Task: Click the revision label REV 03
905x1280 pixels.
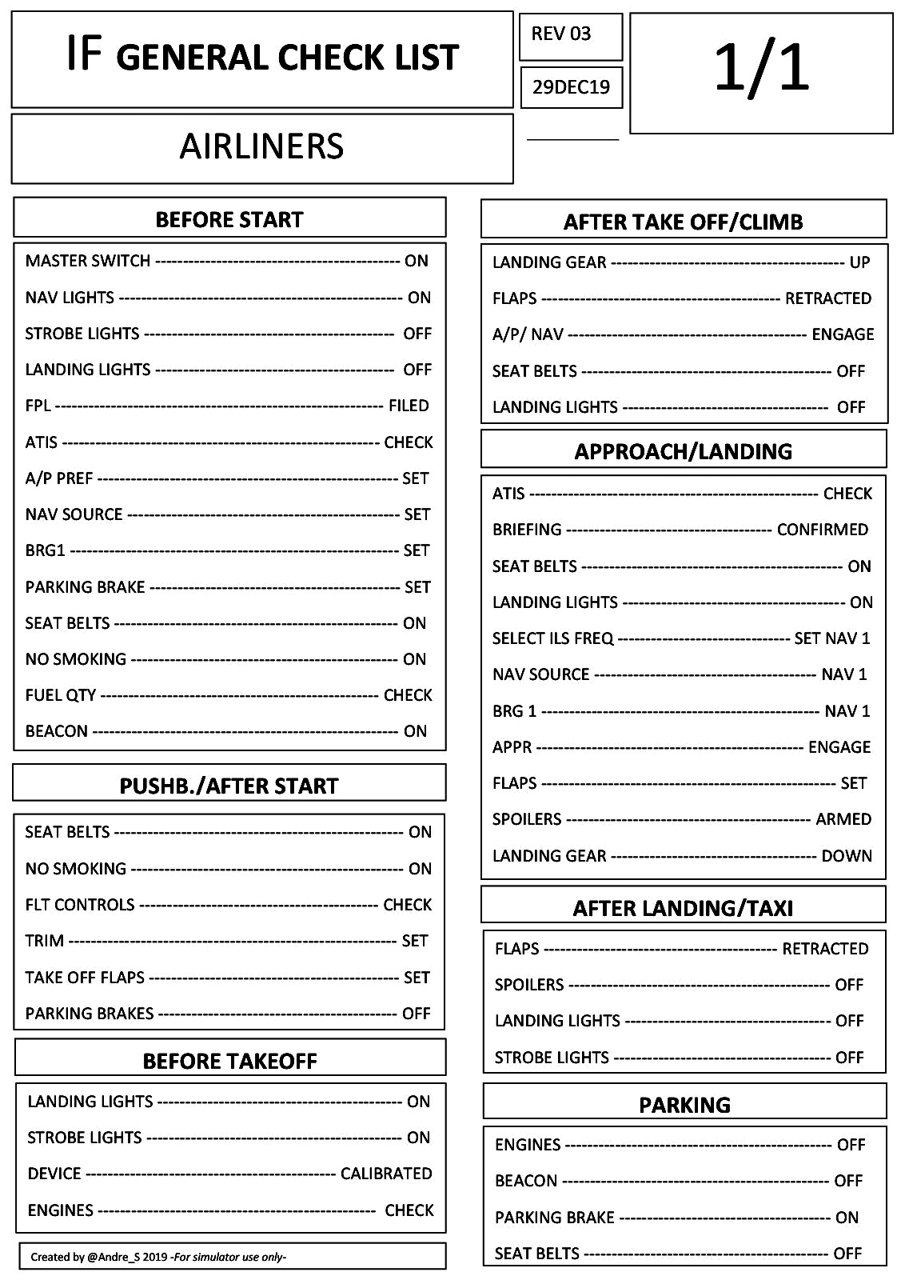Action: [x=561, y=34]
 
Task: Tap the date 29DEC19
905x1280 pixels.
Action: [x=571, y=87]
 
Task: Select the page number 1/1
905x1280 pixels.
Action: [x=761, y=69]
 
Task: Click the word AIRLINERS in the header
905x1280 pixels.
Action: [x=261, y=146]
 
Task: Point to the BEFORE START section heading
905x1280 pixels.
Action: [x=229, y=220]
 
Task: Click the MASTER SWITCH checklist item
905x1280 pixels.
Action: [x=88, y=261]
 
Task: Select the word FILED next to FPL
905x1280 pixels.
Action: [x=409, y=406]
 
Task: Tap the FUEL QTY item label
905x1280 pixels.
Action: [x=61, y=695]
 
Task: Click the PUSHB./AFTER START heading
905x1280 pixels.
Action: [x=229, y=786]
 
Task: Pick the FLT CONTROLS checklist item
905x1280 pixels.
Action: [x=80, y=905]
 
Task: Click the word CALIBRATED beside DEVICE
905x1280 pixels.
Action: [x=386, y=1174]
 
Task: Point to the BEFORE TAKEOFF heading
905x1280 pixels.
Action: [x=230, y=1061]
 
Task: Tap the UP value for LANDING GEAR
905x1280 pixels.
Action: [x=859, y=262]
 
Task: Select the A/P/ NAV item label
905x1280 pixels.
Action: [x=528, y=334]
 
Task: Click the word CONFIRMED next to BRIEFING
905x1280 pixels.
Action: [x=823, y=530]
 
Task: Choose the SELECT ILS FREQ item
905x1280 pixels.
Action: [x=553, y=638]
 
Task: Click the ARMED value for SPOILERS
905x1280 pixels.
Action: [x=843, y=819]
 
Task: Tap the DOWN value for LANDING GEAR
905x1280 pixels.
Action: [x=847, y=856]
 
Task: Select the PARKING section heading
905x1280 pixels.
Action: [x=685, y=1105]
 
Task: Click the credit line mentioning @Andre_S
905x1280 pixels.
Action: [x=158, y=1257]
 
